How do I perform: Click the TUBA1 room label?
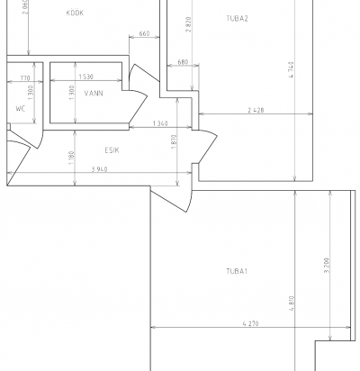[237, 271]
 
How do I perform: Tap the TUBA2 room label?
[237, 19]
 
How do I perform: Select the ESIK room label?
[112, 150]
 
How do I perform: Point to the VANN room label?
[94, 94]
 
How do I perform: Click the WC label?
[21, 109]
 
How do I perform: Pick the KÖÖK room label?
[75, 13]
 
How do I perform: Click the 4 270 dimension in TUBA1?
[250, 323]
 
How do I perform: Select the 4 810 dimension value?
[292, 303]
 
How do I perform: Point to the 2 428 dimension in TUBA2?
[256, 110]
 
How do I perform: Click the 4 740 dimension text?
[291, 69]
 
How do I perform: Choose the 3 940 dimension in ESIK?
[99, 169]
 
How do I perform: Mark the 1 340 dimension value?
[160, 123]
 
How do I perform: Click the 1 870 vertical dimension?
[175, 142]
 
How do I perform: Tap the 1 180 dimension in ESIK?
[71, 158]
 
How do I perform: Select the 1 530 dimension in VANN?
[86, 77]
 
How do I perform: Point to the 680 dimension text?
[183, 62]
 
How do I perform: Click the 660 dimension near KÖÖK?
[144, 33]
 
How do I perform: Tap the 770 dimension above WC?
[25, 78]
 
